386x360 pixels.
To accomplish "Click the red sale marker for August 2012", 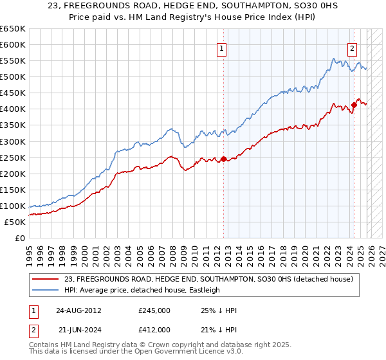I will pos(223,159).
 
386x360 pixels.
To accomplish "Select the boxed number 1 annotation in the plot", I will pos(221,48).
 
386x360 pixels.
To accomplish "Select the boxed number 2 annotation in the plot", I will pos(353,48).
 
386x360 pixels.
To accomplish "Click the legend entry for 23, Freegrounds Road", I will pos(207,279).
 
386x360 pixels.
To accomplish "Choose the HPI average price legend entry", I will pos(141,290).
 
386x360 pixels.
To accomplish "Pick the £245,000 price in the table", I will pos(154,310).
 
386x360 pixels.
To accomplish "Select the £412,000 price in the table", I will pos(154,330).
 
